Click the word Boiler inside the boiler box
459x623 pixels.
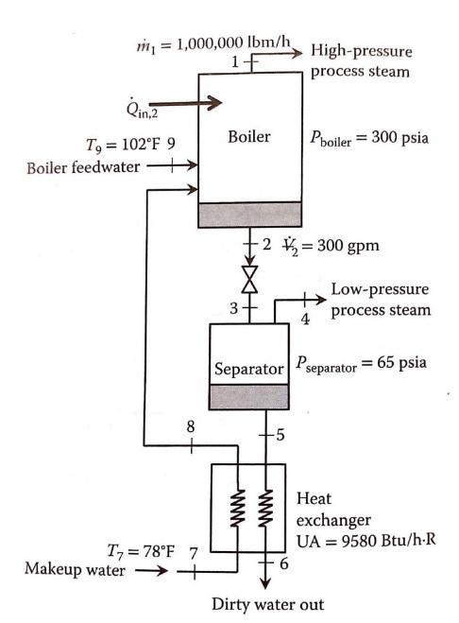[x=249, y=137]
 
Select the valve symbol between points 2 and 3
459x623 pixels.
[x=250, y=279]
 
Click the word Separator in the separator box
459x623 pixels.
[x=248, y=368]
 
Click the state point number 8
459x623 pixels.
[x=192, y=427]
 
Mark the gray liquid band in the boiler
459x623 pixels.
[x=249, y=215]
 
